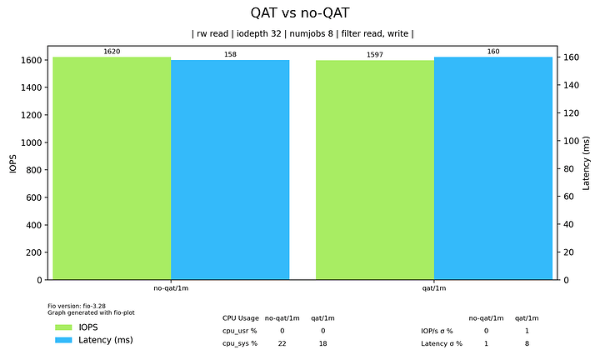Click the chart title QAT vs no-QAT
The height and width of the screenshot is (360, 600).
(x=300, y=12)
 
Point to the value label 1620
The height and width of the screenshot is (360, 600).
(x=112, y=52)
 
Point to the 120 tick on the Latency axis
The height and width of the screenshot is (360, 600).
(x=571, y=112)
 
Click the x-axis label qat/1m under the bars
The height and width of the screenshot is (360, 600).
(x=434, y=288)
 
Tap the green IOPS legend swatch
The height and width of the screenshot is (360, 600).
(x=62, y=327)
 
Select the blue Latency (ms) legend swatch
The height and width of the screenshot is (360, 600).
(x=62, y=340)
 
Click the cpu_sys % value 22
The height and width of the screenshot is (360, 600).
(x=282, y=343)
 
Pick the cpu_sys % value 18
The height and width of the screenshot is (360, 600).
(x=322, y=343)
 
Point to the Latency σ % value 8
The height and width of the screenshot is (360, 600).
(x=527, y=343)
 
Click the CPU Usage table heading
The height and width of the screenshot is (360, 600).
(x=240, y=317)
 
